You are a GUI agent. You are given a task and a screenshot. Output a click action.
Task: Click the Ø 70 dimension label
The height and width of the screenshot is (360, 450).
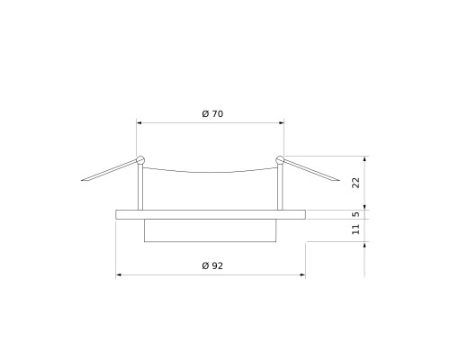(x=212, y=114)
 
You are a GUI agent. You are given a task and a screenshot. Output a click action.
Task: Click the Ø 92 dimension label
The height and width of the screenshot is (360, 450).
(x=212, y=265)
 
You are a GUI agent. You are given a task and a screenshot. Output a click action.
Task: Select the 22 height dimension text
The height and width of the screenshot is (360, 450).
(x=355, y=183)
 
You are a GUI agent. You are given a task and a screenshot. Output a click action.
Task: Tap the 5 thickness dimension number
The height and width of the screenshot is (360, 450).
(x=355, y=214)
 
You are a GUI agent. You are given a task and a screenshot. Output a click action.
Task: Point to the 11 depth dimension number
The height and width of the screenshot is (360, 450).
(x=355, y=229)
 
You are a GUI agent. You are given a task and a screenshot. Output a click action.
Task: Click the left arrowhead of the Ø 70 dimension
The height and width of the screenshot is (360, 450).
(x=139, y=122)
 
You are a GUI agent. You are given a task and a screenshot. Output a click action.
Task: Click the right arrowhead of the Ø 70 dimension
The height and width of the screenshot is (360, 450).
(x=282, y=122)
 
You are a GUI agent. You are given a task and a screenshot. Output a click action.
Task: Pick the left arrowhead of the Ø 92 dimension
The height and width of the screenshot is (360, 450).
(x=119, y=274)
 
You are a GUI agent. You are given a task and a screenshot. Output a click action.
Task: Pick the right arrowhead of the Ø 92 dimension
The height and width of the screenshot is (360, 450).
(x=303, y=274)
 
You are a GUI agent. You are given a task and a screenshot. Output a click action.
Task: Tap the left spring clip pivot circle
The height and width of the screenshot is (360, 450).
(x=140, y=160)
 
